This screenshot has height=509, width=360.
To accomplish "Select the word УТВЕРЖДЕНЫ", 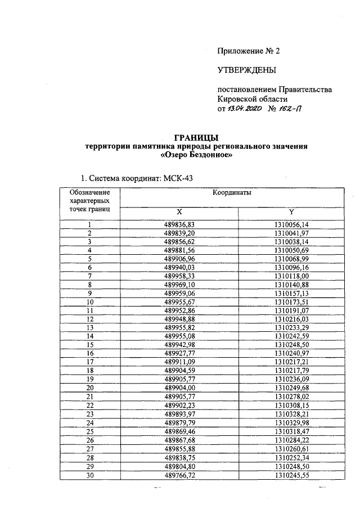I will [x=247, y=70].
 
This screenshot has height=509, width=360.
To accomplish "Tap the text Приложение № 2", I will [x=248, y=51].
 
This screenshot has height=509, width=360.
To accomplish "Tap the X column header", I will [x=179, y=212].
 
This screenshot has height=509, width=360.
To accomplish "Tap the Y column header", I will [x=291, y=212].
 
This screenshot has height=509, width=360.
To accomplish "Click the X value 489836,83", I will [x=179, y=224].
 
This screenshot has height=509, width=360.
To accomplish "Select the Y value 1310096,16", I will [x=291, y=267].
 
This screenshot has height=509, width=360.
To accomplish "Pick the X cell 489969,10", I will [x=179, y=285].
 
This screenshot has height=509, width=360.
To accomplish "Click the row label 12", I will [x=89, y=319].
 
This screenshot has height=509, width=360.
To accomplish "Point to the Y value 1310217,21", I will [x=291, y=362].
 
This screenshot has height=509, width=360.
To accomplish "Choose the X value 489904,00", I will [x=179, y=388].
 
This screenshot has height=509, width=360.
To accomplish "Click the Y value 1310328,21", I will [x=291, y=413].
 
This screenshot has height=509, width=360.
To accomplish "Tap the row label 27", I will [x=89, y=448].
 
